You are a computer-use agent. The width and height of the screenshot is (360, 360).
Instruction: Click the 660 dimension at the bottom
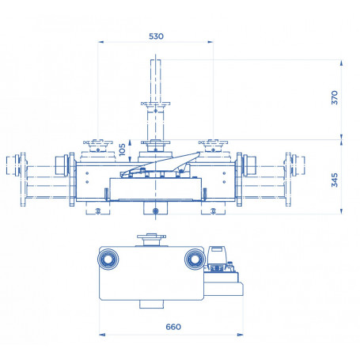[174, 326]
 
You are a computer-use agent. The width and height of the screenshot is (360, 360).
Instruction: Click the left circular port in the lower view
[109, 259]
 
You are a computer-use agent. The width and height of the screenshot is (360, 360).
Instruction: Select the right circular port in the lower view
[192, 259]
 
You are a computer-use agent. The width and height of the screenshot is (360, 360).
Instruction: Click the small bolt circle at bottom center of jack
[156, 210]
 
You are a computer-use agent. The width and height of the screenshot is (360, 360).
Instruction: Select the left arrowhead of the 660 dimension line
[100, 335]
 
